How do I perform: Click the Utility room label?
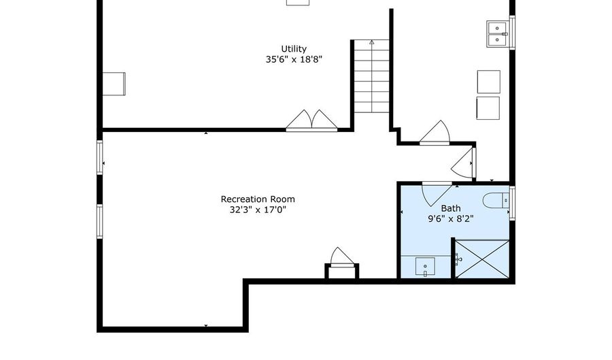click(x=294, y=49)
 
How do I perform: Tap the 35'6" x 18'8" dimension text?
click(x=294, y=59)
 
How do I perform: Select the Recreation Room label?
click(x=258, y=199)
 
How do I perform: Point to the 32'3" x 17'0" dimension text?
click(x=258, y=210)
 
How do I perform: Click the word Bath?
click(x=451, y=208)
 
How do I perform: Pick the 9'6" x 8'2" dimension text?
click(x=451, y=218)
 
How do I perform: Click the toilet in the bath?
click(x=496, y=201)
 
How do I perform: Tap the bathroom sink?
click(x=425, y=267)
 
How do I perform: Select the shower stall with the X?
click(x=482, y=259)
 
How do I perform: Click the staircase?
click(x=371, y=76)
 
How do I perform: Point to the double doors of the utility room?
click(x=311, y=120)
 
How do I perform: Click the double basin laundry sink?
click(x=497, y=34)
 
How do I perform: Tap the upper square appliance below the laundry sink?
click(x=489, y=82)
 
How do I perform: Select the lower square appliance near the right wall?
click(x=488, y=108)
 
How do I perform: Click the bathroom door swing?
click(x=435, y=194)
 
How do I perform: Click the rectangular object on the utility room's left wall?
click(x=114, y=84)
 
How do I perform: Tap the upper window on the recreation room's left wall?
click(x=100, y=157)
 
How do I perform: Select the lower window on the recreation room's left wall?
click(x=100, y=221)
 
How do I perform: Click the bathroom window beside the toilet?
click(x=512, y=203)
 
